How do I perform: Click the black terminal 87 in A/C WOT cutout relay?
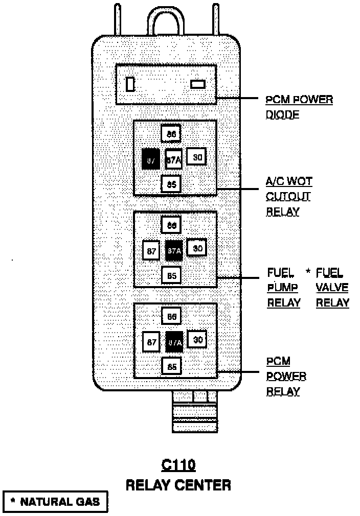coord(150,160)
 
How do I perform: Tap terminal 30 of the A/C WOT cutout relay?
coord(196,157)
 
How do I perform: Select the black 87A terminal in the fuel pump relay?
coord(174,251)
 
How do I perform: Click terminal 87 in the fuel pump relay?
coord(151,251)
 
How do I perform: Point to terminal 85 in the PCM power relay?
coord(172,366)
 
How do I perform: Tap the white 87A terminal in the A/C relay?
coord(173,159)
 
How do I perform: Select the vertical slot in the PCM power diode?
coord(130,84)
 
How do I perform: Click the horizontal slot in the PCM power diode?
coord(197,84)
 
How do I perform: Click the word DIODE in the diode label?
coord(282,114)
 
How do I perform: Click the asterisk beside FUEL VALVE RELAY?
coord(308,271)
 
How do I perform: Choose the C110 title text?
coord(178,465)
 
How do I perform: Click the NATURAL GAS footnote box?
coord(56,501)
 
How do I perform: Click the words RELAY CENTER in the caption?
coord(178,484)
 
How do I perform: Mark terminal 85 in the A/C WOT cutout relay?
coord(171,184)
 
